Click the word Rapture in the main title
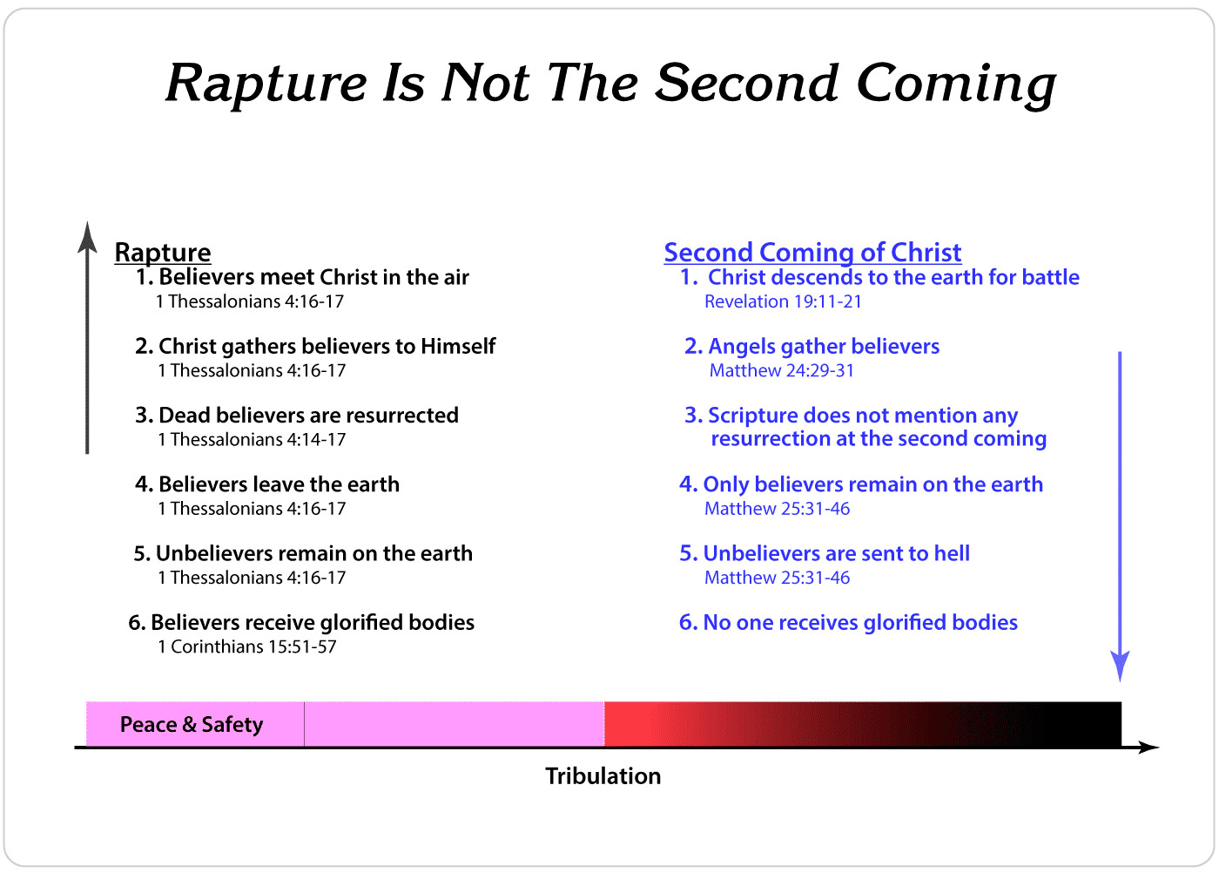(x=266, y=84)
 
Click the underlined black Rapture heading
(x=163, y=253)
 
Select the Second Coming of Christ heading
(x=812, y=253)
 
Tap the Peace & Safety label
(x=192, y=724)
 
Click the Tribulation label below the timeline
(x=603, y=776)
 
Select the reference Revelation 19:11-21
(x=783, y=301)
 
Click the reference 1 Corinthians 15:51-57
(x=247, y=646)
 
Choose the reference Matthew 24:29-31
(x=782, y=370)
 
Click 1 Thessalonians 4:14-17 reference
(x=252, y=439)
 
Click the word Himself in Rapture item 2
(x=458, y=347)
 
